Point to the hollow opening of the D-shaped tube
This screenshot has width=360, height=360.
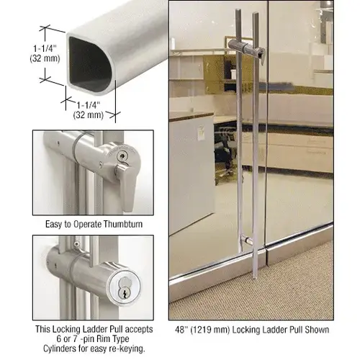(x=89, y=63)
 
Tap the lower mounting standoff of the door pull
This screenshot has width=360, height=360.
(x=247, y=240)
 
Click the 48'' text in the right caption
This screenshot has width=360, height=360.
(x=181, y=330)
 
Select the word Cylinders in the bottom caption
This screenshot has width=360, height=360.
(x=60, y=348)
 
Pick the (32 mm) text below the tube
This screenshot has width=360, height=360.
(x=89, y=115)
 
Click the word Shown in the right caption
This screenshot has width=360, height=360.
(x=317, y=330)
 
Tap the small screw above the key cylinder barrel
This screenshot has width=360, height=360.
(x=76, y=244)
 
